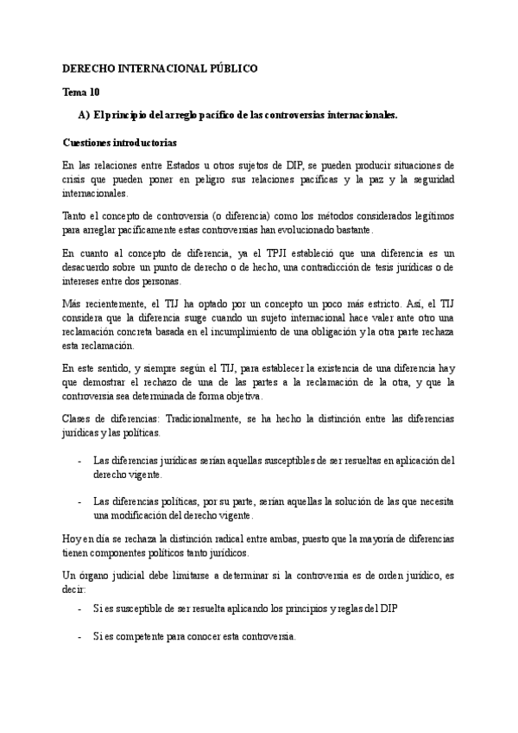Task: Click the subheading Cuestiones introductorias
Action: point(121,142)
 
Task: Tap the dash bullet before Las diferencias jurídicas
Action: point(80,461)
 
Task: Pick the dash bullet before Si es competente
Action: point(80,637)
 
